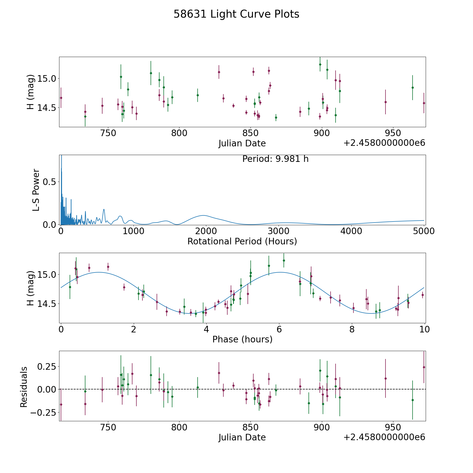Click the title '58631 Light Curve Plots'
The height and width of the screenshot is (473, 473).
click(236, 14)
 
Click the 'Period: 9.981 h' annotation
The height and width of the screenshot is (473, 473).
click(275, 159)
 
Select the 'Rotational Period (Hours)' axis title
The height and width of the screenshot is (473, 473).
click(242, 241)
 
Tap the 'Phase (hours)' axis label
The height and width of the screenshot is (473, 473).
click(242, 339)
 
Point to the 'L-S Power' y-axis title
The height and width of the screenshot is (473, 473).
click(36, 190)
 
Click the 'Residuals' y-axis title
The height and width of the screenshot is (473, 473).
click(24, 387)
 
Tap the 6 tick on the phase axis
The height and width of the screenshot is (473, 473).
click(279, 329)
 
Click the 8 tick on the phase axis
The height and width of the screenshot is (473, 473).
click(352, 329)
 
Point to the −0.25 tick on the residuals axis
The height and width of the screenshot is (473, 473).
click(43, 412)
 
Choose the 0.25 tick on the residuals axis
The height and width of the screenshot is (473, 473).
click(47, 366)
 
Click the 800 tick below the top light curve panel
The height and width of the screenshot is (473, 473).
click(179, 133)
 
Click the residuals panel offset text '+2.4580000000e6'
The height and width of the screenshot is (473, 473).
click(384, 437)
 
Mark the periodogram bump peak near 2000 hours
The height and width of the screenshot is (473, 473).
click(203, 215)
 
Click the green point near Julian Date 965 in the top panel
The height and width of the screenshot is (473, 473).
click(413, 88)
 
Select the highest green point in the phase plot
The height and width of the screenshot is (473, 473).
click(284, 260)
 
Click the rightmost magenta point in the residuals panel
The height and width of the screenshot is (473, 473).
click(424, 367)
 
